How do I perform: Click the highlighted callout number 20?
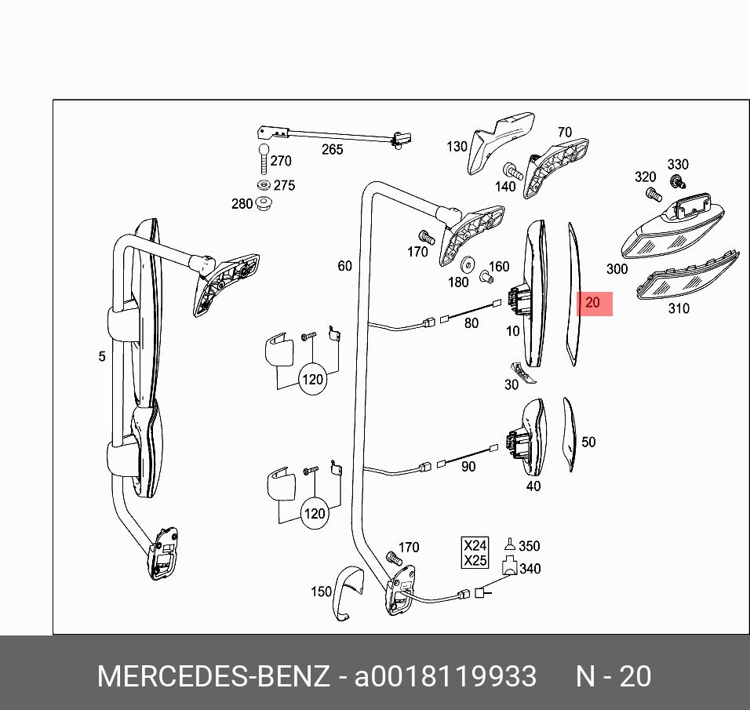point(593,303)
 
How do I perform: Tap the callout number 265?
point(333,149)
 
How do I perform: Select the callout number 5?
point(102,357)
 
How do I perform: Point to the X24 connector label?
point(475,545)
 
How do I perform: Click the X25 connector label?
point(475,560)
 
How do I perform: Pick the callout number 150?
point(321,592)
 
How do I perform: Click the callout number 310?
point(679,308)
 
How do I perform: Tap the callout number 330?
point(677,165)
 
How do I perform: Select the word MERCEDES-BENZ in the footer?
point(213,676)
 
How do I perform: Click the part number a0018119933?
point(446,676)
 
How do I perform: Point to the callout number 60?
point(345,267)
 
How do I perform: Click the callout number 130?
point(457,146)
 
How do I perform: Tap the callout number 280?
point(242,204)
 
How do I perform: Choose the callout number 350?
point(530,546)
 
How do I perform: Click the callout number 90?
point(468,467)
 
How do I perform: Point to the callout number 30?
point(512,384)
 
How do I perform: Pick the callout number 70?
point(565,133)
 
